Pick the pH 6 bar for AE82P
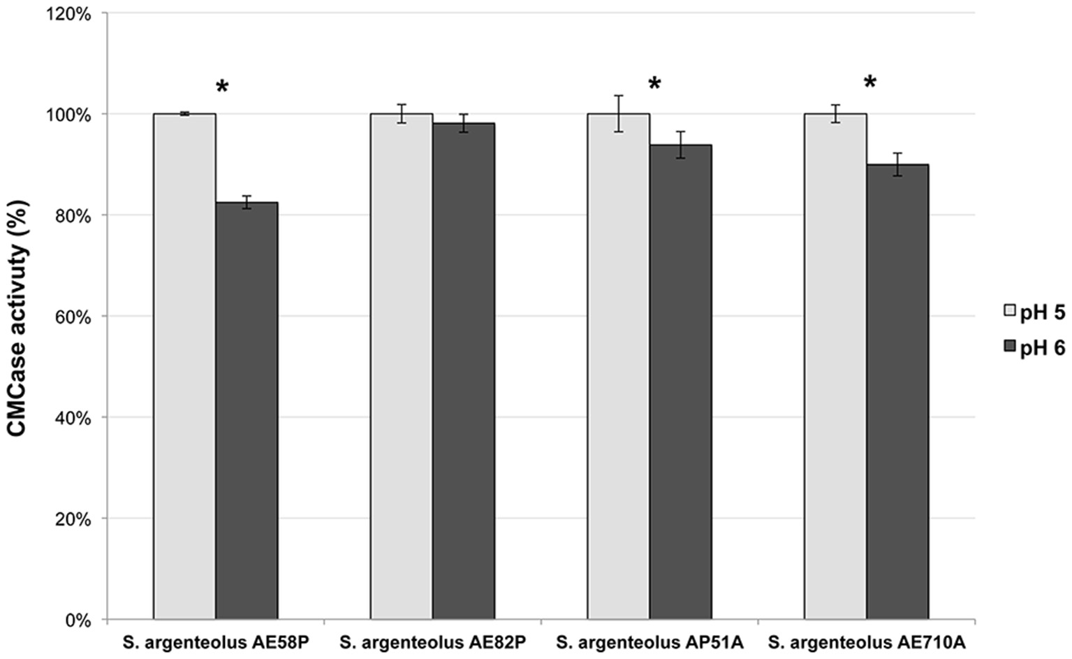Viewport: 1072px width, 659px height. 464,371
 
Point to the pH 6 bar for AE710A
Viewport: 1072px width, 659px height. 897,391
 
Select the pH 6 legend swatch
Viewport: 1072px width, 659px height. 1010,345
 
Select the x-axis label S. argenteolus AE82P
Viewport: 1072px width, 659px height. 432,642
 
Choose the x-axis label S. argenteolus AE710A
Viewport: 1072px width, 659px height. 866,642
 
